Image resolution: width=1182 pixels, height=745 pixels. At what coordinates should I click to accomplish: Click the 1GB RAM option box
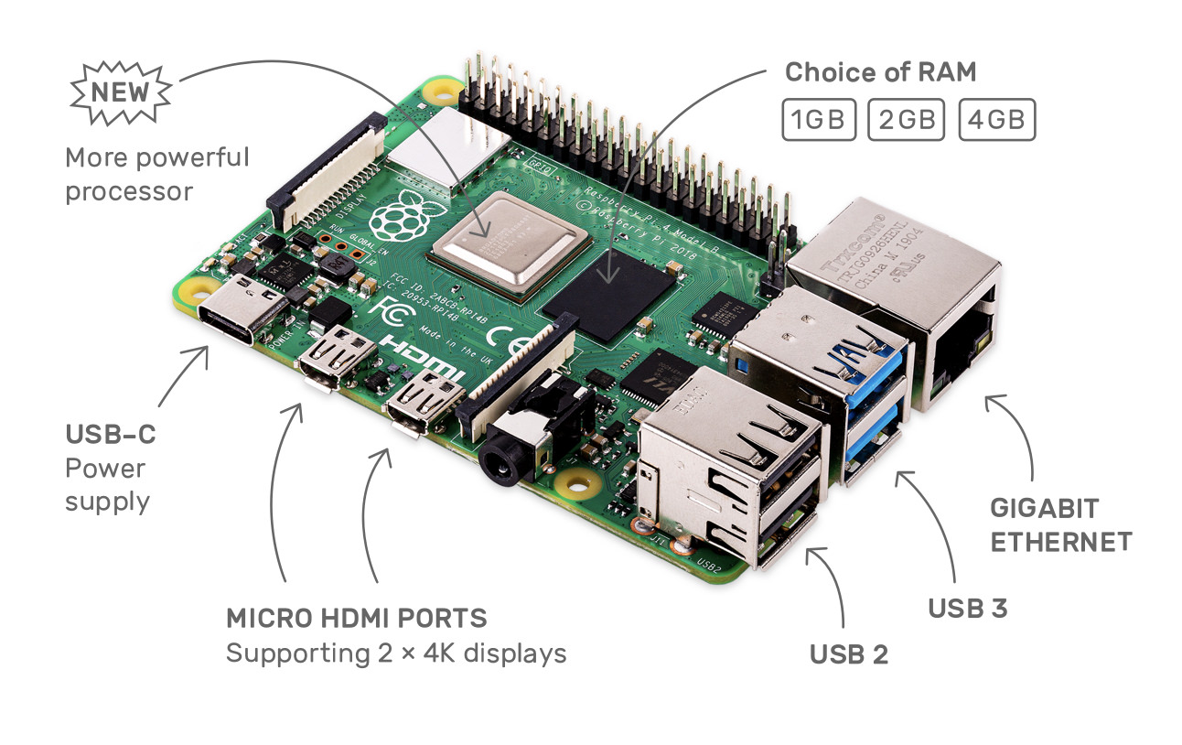818,120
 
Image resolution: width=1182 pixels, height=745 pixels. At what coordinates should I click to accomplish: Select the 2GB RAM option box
906,120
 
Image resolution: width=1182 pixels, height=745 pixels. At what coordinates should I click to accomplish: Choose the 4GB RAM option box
996,120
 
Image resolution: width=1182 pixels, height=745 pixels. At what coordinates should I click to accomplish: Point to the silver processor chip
510,242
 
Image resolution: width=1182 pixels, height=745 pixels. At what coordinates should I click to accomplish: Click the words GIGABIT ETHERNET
1059,524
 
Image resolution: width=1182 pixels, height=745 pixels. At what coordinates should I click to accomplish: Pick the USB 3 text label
967,608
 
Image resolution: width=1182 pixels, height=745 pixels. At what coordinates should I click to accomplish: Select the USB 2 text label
848,654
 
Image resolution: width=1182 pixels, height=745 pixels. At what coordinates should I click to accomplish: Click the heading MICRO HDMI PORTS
356,618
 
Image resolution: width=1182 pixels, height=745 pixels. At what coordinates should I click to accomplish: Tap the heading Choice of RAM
880,71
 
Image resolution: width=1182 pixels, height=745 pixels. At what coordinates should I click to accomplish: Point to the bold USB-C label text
110,434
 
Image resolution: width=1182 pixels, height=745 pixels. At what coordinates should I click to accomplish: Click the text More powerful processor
156,174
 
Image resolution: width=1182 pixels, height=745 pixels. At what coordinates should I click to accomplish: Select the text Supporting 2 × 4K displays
395,654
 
